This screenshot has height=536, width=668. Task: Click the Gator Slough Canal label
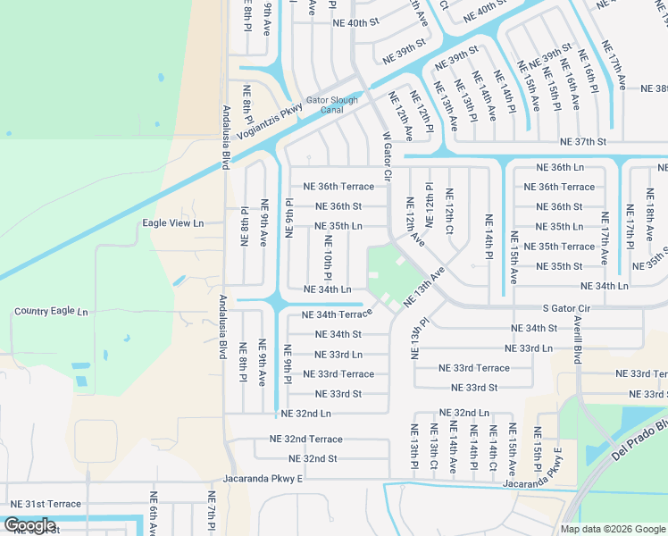point(331,105)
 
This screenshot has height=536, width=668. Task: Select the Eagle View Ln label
point(173,222)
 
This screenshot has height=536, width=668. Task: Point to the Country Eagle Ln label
point(51,312)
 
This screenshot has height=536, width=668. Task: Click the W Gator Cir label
point(388,156)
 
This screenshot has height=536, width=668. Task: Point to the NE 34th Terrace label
point(337,314)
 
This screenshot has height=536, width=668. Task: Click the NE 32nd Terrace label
point(305,440)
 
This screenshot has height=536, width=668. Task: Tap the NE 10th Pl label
point(328,256)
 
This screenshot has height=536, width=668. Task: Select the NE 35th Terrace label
point(558,247)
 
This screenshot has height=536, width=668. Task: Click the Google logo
point(29,525)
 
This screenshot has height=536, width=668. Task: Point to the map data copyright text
point(613,528)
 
